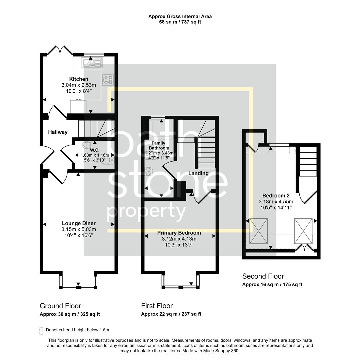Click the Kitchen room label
pos(79,79)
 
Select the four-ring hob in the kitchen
pos(107,79)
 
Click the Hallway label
pos(58,132)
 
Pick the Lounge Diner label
pos(79,223)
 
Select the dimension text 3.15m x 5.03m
pos(79,229)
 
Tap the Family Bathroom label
pos(159,145)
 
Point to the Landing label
pos(198,173)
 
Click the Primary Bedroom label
pos(179,233)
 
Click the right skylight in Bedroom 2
pos(303,231)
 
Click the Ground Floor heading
pos(60,306)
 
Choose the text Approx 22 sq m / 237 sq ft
pos(171,314)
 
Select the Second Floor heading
pos(263,276)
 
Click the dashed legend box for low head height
pos(41,330)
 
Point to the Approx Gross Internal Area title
pos(180,16)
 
